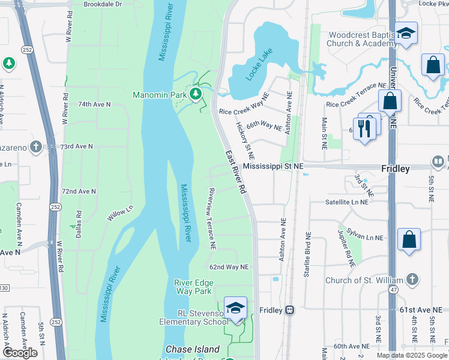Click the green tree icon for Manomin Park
tap(195, 94)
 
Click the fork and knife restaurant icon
tap(365, 127)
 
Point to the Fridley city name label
tap(395, 169)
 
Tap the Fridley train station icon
tap(289, 310)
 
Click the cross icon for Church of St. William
tap(411, 280)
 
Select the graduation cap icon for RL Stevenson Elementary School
tap(236, 308)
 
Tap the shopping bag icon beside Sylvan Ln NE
tap(409, 239)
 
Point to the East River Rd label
tap(237, 172)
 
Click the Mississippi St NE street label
tap(274, 166)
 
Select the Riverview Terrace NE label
tap(211, 218)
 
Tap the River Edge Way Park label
tap(193, 287)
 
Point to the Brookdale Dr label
tap(103, 4)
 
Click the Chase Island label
tap(192, 349)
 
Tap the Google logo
tap(20, 353)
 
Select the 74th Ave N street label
tap(94, 104)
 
